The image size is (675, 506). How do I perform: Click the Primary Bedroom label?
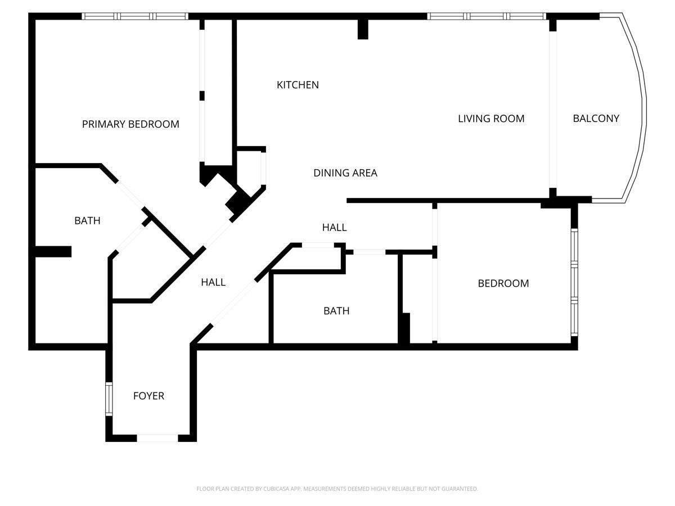(x=130, y=124)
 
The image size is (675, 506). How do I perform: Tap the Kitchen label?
(x=298, y=85)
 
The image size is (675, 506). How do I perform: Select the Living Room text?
(x=491, y=119)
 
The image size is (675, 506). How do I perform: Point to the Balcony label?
(x=596, y=118)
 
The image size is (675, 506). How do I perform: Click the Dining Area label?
(x=345, y=173)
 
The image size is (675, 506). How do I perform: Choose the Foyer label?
(x=148, y=396)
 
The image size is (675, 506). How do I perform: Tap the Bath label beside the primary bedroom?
(x=87, y=220)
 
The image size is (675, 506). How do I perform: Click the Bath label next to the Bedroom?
(x=336, y=311)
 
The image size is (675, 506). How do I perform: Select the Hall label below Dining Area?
(x=334, y=227)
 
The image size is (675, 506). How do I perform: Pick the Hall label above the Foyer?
(x=213, y=282)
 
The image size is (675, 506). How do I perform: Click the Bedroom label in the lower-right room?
(x=503, y=283)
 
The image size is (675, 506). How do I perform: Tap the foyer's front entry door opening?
(x=157, y=438)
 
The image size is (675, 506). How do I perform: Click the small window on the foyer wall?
(x=109, y=399)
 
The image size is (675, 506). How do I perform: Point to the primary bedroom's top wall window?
(x=135, y=16)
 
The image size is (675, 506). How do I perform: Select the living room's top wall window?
(x=487, y=16)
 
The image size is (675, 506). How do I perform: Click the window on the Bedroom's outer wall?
(x=574, y=282)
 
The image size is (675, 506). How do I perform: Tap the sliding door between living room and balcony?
(x=552, y=110)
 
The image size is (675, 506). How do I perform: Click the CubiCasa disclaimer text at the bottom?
(x=337, y=489)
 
